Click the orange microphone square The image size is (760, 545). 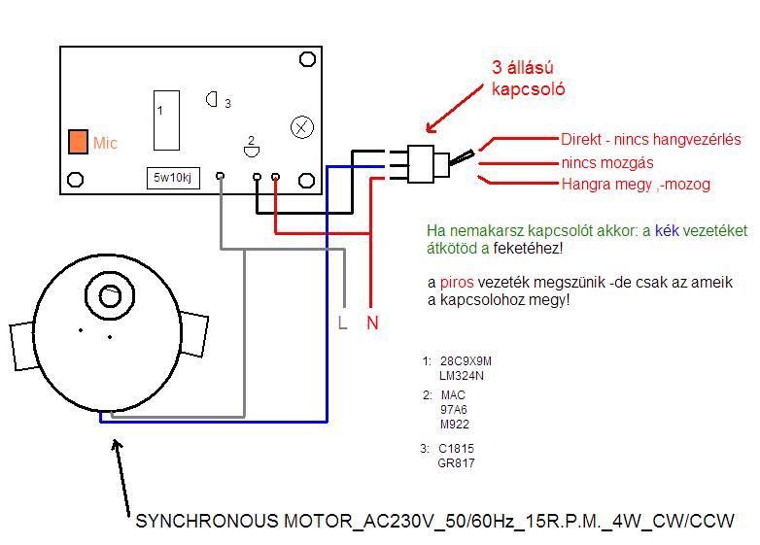pos(78,142)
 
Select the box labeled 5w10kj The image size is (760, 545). pos(173,178)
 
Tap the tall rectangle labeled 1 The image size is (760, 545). pos(166,120)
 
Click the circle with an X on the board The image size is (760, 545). pos(302,128)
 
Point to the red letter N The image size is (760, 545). pos(372,323)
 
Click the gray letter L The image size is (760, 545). pos(343,323)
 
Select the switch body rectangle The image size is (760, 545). pos(421,164)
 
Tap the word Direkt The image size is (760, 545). pos(580,140)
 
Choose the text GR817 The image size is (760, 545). pos(456,463)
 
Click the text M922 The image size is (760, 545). pos(455,425)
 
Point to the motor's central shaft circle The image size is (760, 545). pos(110,295)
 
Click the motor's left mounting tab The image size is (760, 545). pos(22,346)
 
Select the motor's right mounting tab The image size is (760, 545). pos(194,334)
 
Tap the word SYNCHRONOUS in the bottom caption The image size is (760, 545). pos(207,522)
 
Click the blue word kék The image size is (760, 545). pos(667,230)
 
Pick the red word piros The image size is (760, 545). pos(457,282)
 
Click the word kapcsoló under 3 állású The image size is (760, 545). pos(529,89)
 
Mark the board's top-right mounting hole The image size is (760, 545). pos(307,59)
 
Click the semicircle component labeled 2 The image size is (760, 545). pos(251,153)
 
